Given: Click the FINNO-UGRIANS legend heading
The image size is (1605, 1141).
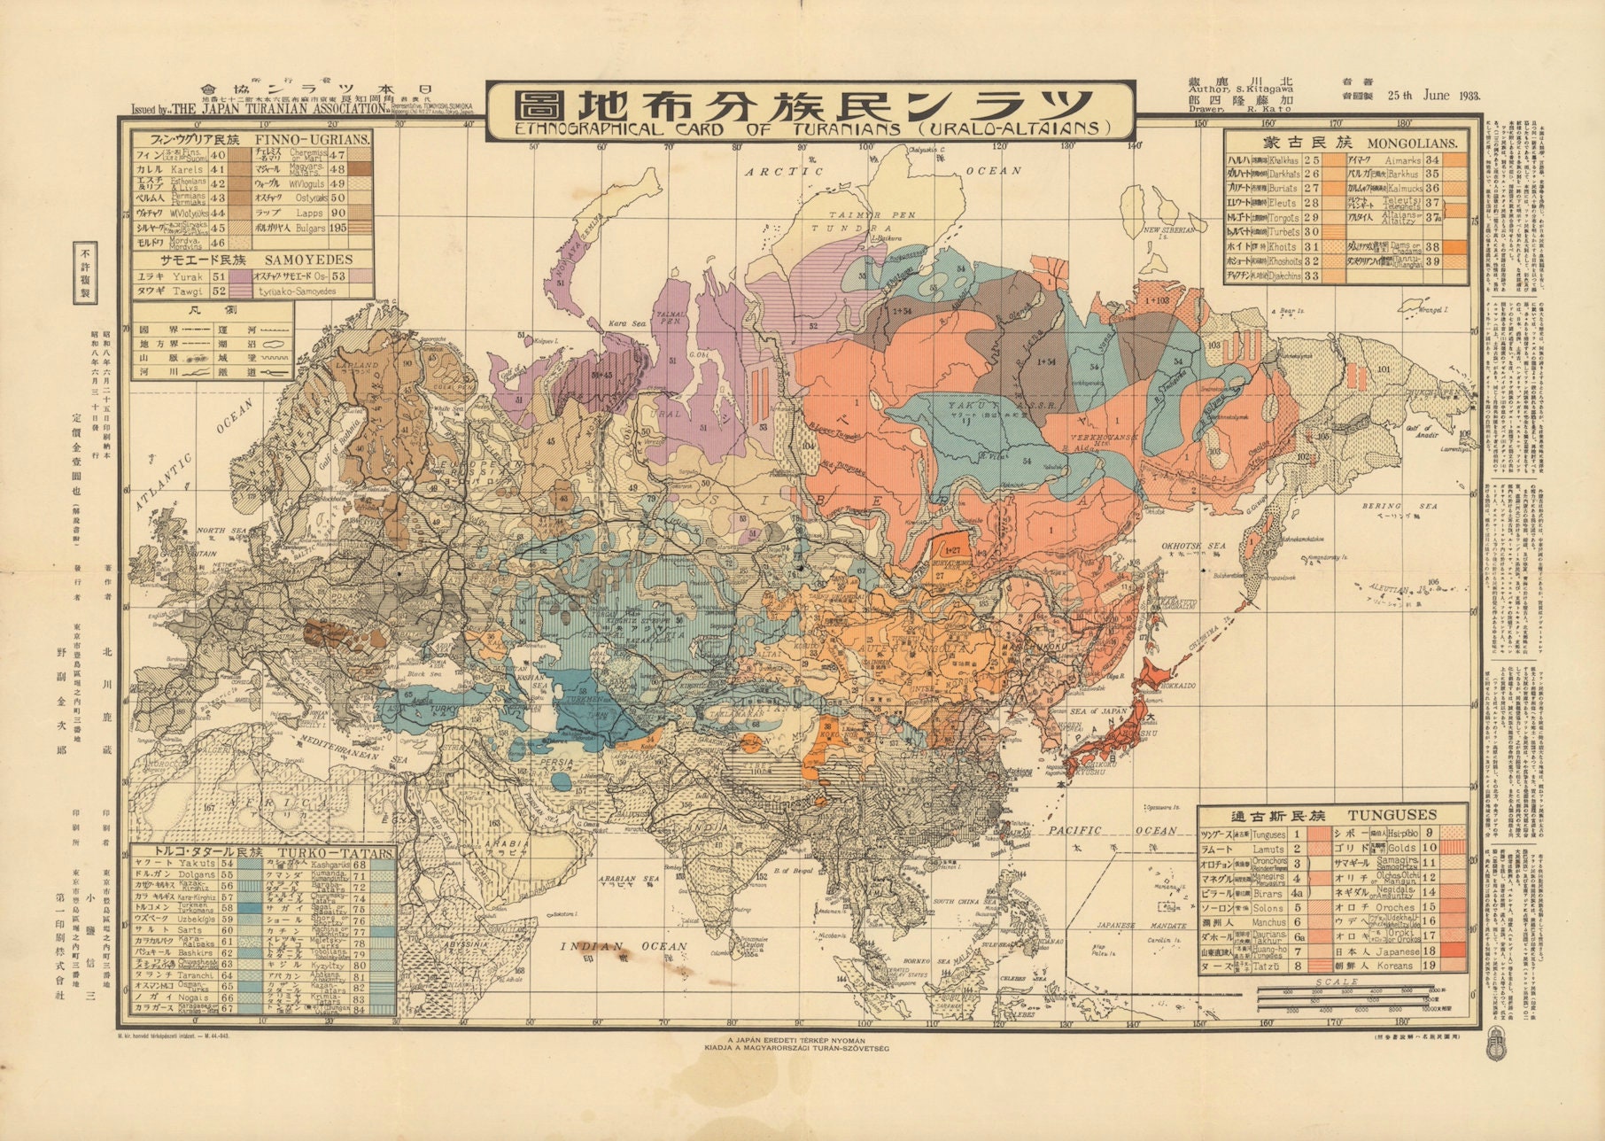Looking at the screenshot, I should tap(313, 140).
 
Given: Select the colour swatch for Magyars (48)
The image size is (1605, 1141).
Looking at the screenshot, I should tap(360, 168).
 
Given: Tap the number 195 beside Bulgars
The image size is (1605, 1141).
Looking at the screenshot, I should tap(337, 228).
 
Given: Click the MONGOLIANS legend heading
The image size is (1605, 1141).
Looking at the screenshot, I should tap(1407, 142).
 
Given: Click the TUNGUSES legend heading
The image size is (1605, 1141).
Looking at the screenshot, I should tap(1392, 815).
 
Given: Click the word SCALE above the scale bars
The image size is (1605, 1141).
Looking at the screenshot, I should tap(1337, 982).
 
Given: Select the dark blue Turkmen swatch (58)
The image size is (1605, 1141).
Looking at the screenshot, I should tap(252, 909).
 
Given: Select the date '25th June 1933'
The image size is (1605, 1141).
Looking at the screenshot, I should tap(1433, 96).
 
